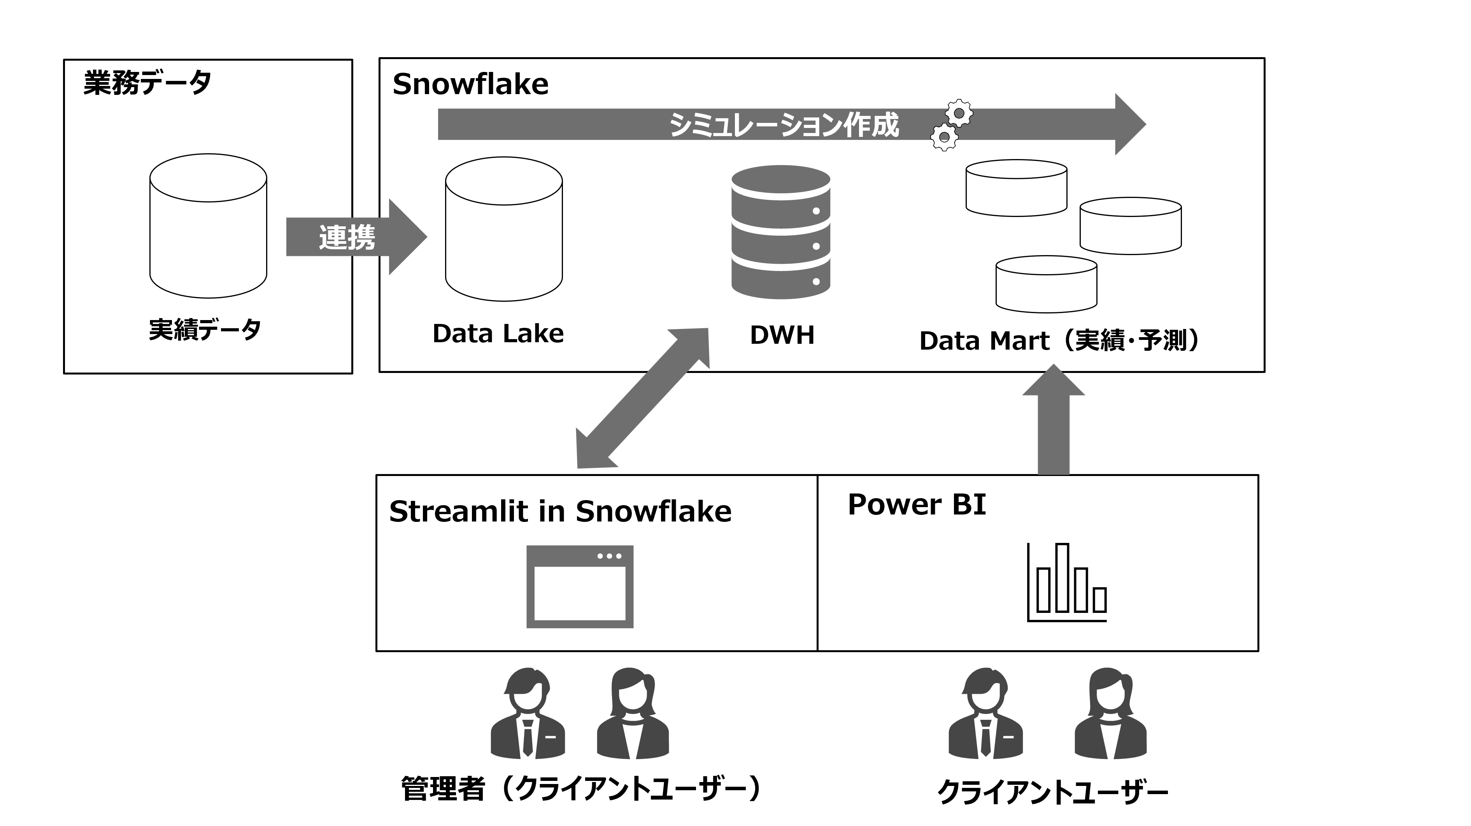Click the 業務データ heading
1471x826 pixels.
[147, 83]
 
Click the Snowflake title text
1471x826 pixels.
[470, 84]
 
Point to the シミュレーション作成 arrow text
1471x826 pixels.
[784, 125]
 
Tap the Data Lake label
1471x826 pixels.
[498, 333]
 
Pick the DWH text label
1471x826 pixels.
[782, 335]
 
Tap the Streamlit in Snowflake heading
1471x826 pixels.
[559, 511]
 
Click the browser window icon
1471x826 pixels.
[580, 587]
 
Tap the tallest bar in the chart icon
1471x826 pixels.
[1062, 577]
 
